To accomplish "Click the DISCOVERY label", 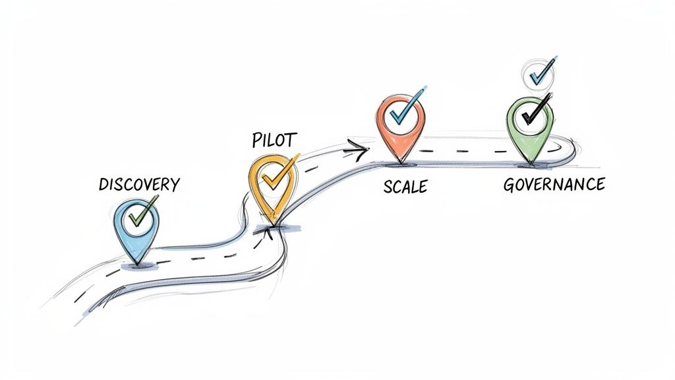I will point(138,184).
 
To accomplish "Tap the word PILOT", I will point(274,140).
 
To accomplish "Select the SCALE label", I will point(405,187).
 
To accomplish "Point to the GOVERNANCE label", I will point(554,184).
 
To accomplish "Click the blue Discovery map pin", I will point(136,228).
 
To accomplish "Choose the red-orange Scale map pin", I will point(399,125).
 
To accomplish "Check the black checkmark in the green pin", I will point(533,113).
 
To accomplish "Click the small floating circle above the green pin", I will point(538,73).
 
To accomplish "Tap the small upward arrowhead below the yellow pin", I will point(268,230).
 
